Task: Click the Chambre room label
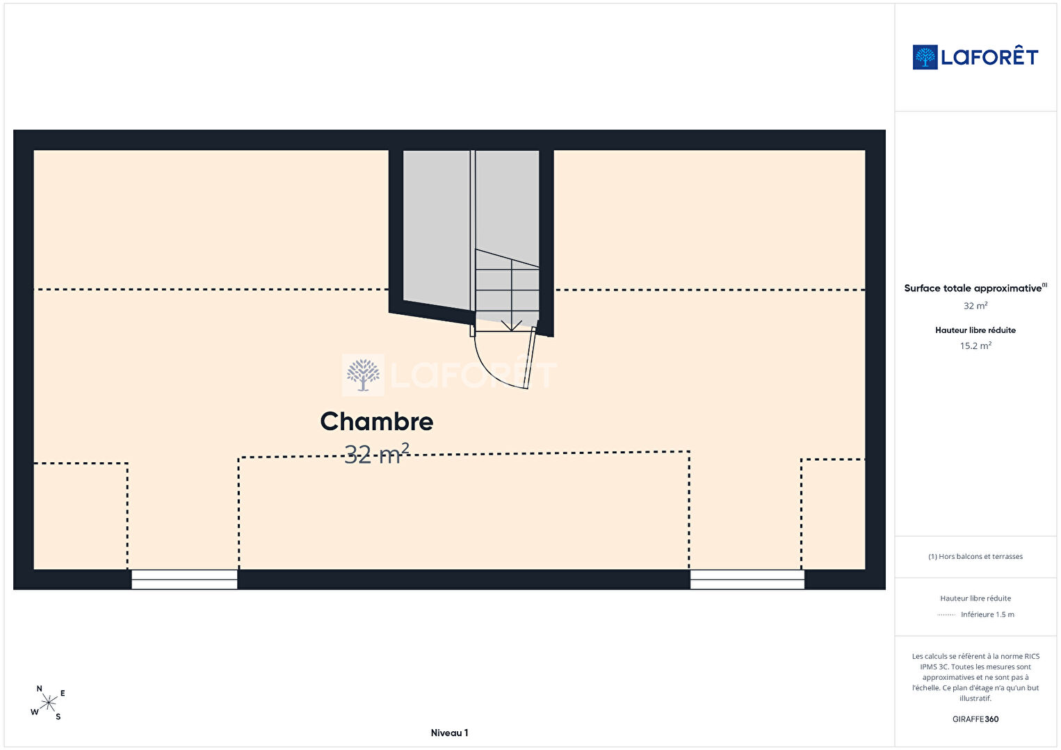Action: (377, 421)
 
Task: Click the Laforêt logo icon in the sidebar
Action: (925, 57)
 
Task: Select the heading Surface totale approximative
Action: (973, 288)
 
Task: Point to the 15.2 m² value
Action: (975, 345)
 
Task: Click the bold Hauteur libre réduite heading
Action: (975, 330)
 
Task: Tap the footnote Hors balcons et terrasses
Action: (975, 556)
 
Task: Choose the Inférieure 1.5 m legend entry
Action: (987, 614)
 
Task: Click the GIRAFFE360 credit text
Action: (975, 719)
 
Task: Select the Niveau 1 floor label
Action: (450, 733)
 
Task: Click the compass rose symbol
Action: (48, 703)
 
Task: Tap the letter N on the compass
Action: (40, 689)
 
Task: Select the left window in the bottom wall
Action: (184, 580)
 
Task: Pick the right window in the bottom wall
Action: (747, 580)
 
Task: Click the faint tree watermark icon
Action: (364, 375)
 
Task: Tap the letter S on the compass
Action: (58, 717)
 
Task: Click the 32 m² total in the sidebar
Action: (975, 306)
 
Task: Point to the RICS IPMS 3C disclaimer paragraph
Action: (975, 677)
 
